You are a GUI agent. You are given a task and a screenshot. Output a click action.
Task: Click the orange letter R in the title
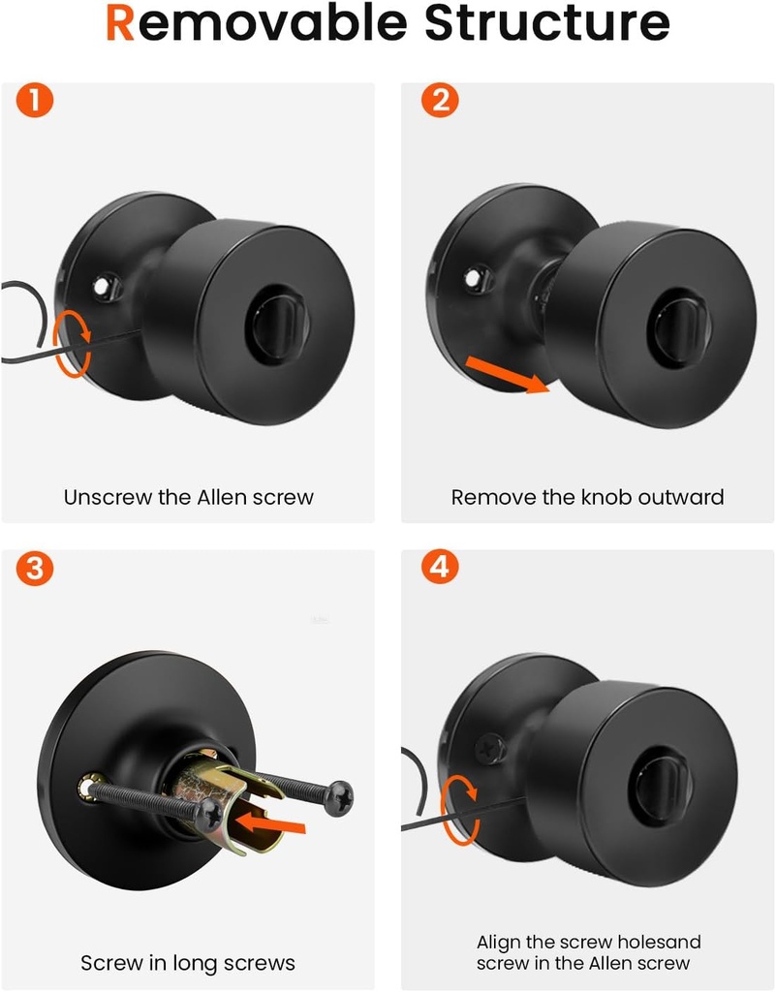pyautogui.click(x=119, y=23)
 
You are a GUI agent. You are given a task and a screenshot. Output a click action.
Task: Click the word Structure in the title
pyautogui.click(x=546, y=23)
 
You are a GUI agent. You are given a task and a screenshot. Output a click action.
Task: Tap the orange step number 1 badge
pyautogui.click(x=35, y=101)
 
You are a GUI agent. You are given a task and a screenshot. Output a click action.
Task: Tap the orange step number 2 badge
pyautogui.click(x=440, y=101)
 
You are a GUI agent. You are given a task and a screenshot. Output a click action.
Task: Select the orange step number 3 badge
pyautogui.click(x=35, y=568)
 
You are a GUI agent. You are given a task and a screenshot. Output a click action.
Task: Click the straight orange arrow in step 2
pyautogui.click(x=508, y=375)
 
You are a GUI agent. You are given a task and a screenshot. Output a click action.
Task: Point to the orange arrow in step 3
pyautogui.click(x=269, y=823)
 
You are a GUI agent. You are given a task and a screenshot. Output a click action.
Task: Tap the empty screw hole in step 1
pyautogui.click(x=102, y=287)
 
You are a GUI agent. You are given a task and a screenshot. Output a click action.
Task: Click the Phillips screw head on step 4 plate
pyautogui.click(x=489, y=750)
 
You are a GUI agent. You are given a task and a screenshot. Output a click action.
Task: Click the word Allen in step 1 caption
pyautogui.click(x=222, y=497)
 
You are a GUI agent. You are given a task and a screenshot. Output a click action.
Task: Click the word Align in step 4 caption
pyautogui.click(x=498, y=943)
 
